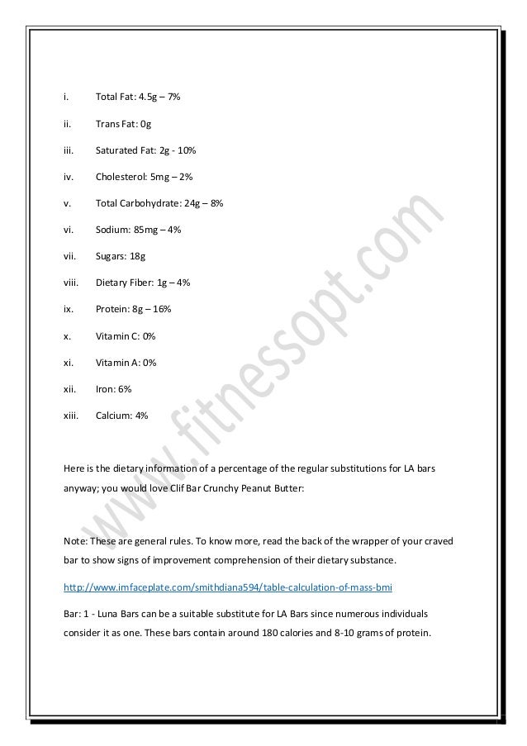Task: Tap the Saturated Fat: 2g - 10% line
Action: tap(146, 150)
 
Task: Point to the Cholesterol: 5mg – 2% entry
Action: tap(144, 177)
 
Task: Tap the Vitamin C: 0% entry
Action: tap(126, 335)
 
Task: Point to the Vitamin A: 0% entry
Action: tap(126, 362)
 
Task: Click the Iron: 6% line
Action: tap(113, 388)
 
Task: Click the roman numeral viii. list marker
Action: tap(72, 283)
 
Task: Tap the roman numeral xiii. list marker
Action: tap(72, 415)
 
